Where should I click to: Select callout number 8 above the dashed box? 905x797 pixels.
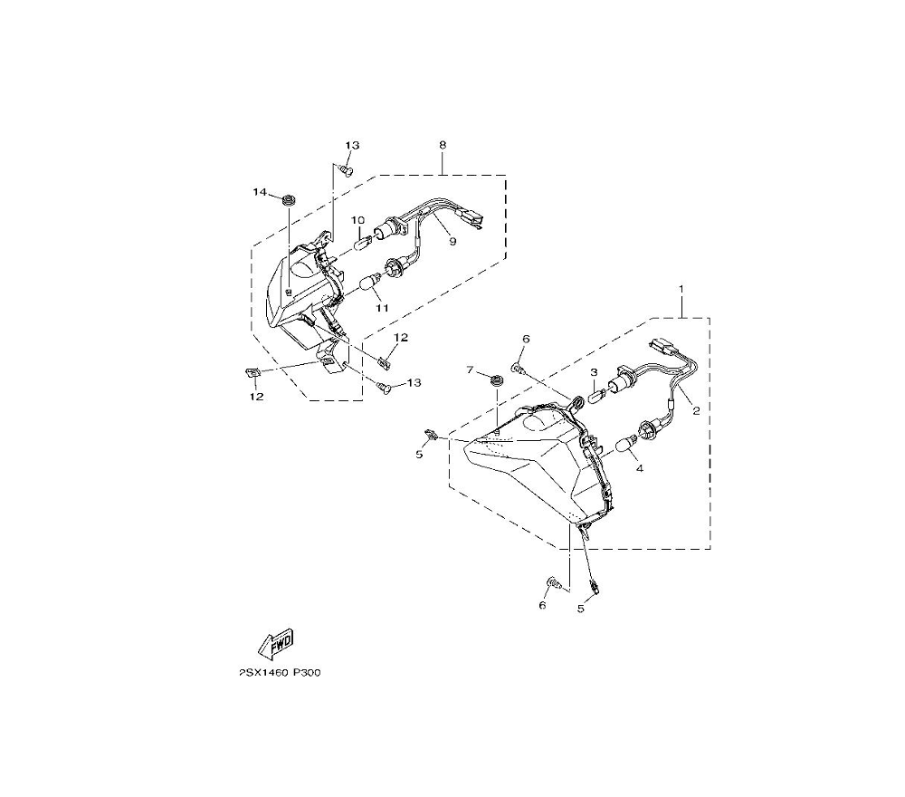[x=443, y=145]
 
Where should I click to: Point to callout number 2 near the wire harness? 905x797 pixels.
[x=696, y=409]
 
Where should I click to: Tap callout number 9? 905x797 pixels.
[x=452, y=242]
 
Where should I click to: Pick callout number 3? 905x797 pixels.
[x=594, y=372]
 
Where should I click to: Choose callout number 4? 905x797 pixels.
[x=639, y=469]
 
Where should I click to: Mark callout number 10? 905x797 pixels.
[x=357, y=220]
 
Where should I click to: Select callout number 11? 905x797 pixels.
[x=382, y=308]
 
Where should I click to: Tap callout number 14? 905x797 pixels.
[x=260, y=193]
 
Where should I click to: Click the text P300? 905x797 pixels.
[x=307, y=674]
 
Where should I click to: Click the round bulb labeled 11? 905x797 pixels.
[x=369, y=284]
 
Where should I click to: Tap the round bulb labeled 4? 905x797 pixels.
[x=624, y=445]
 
